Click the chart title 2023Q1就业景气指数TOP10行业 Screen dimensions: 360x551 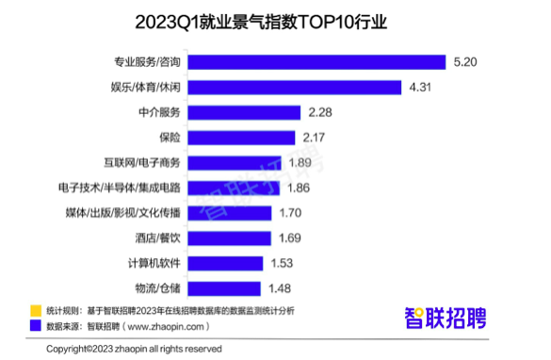tap(274, 21)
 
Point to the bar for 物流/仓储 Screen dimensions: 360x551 tap(223, 287)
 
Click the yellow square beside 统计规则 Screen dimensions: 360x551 tap(34, 310)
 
